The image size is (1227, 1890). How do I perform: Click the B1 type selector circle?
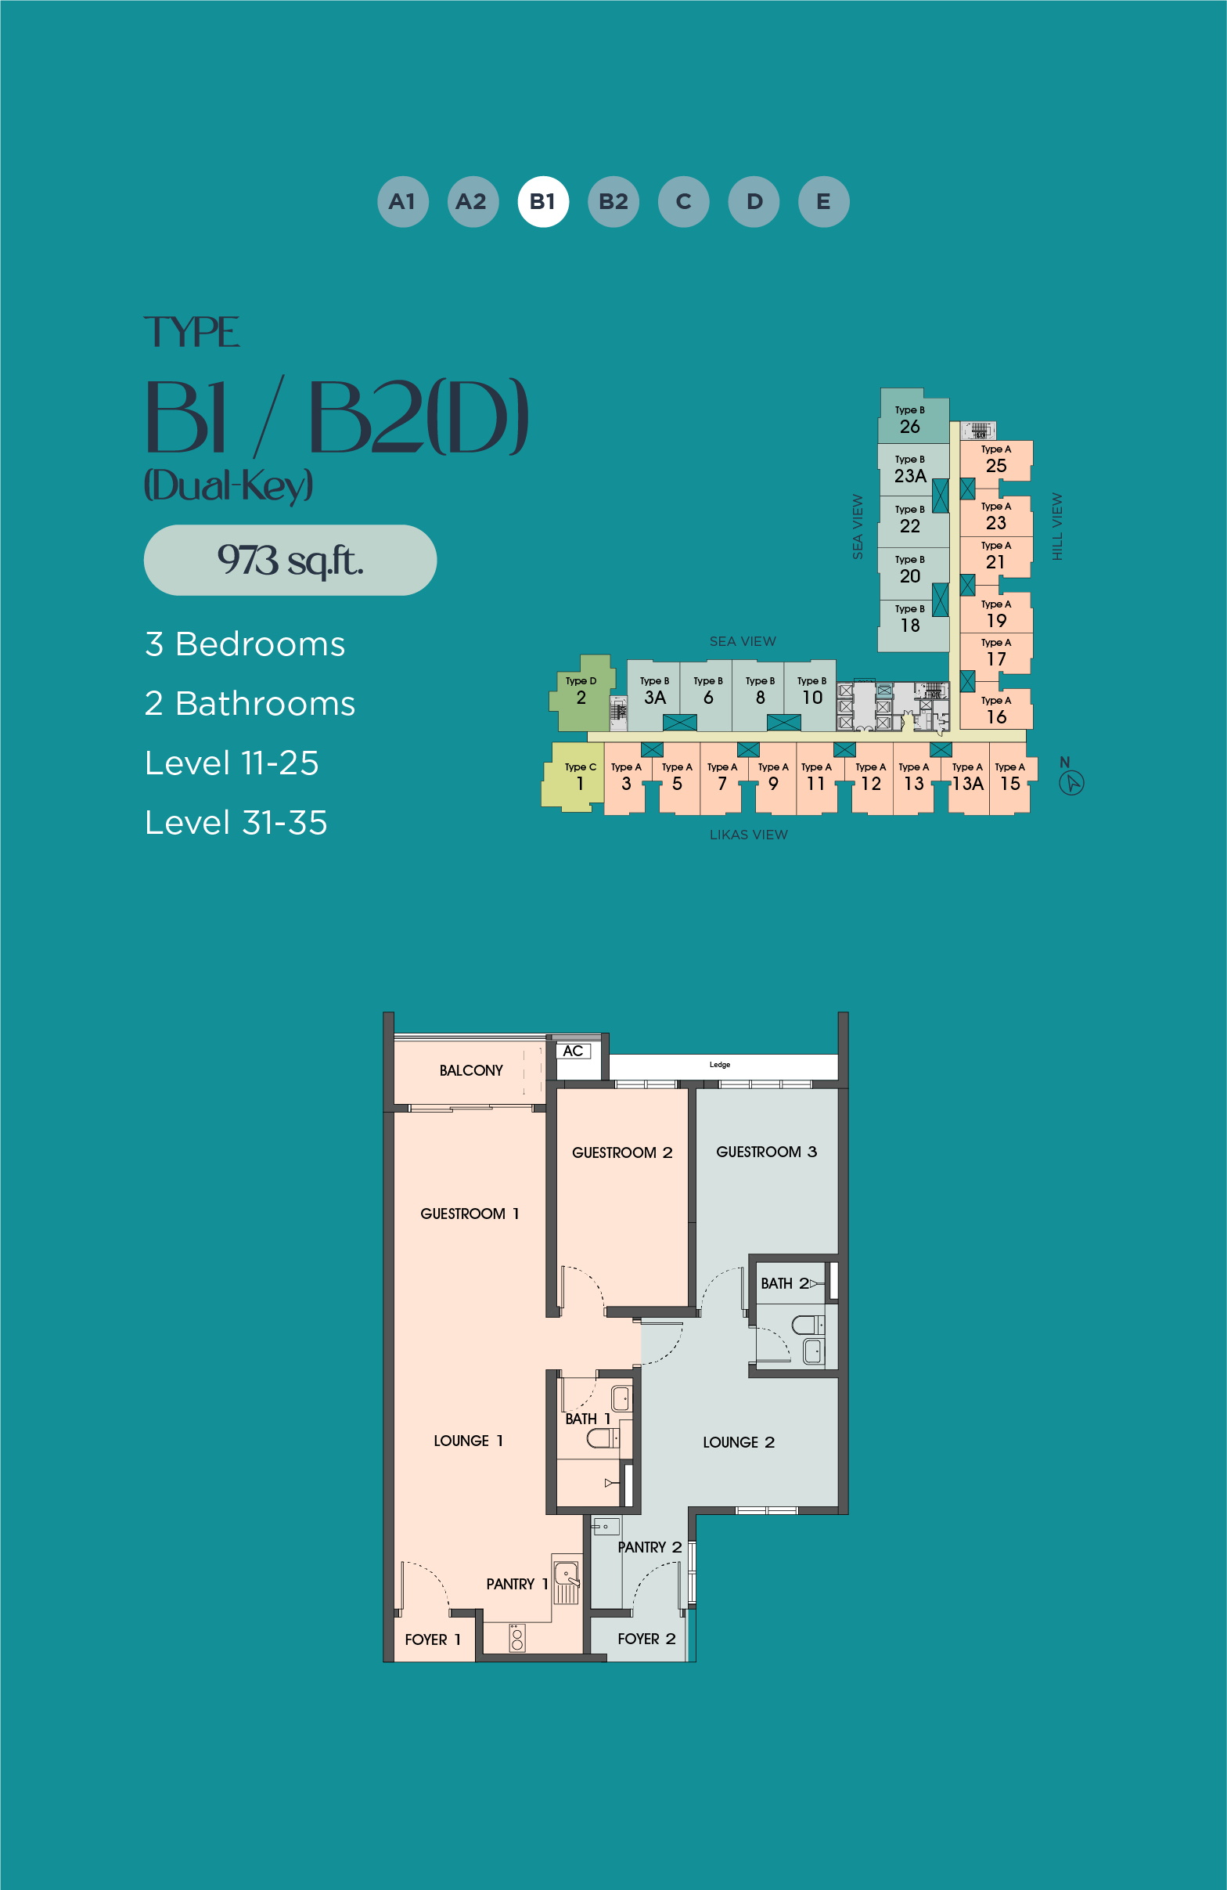(543, 202)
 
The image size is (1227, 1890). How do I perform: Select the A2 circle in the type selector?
(473, 202)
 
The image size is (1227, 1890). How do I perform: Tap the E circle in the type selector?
(824, 202)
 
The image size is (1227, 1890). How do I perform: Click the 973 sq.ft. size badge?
(290, 560)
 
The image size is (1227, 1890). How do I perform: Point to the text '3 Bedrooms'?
(245, 644)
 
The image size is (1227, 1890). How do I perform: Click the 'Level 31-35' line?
(236, 823)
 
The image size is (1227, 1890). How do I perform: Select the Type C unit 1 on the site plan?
(573, 777)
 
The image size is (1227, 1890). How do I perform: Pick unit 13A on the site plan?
(968, 778)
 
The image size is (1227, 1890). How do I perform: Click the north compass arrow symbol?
(1071, 783)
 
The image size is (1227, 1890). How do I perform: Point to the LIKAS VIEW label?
(748, 835)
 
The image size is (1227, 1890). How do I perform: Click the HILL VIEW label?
(1057, 526)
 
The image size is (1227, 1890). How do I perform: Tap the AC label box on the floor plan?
(574, 1051)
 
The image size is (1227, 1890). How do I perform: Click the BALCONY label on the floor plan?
(470, 1070)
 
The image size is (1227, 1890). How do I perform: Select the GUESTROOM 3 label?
(766, 1152)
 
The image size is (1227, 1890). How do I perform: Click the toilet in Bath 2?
(808, 1325)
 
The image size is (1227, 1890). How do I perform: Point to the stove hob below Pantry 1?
(517, 1638)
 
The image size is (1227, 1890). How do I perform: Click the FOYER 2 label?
(646, 1639)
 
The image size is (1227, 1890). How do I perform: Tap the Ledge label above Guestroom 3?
(720, 1065)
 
